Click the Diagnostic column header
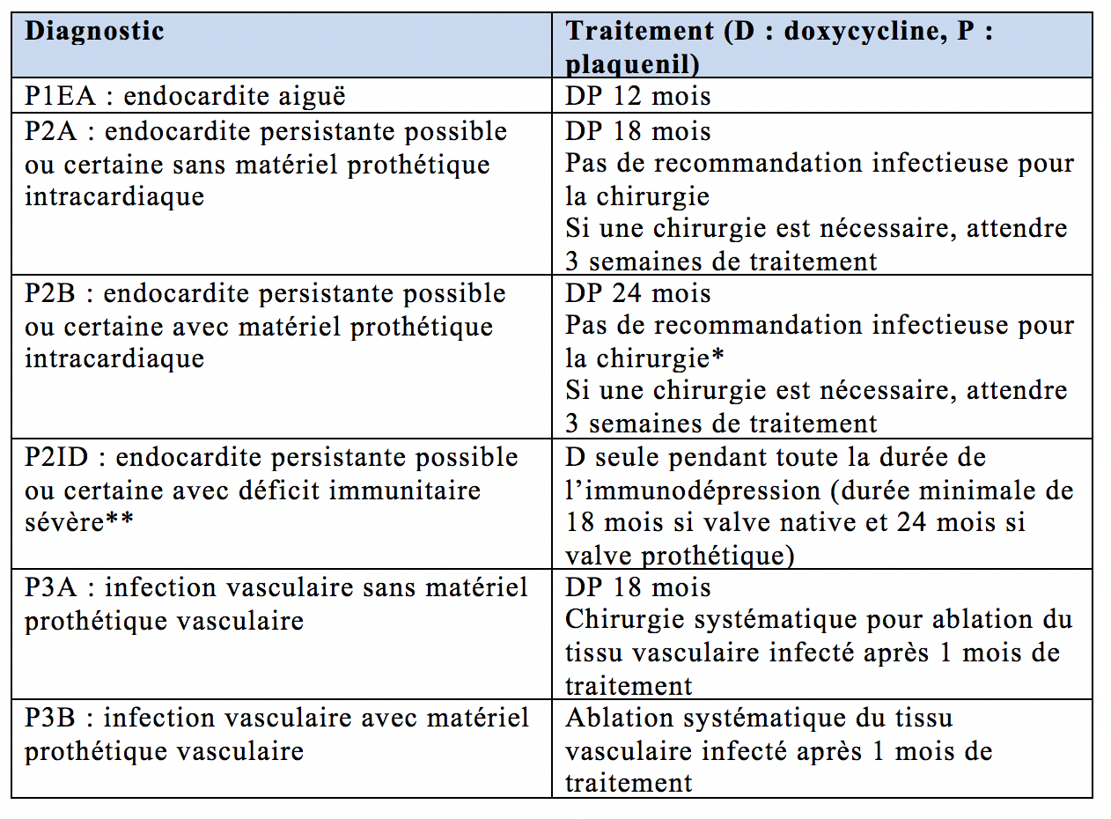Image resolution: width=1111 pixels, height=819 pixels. click(x=94, y=31)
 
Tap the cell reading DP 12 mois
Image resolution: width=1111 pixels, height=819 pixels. click(x=638, y=96)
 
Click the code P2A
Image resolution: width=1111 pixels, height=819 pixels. click(x=52, y=131)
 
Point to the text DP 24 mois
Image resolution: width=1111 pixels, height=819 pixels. click(x=638, y=293)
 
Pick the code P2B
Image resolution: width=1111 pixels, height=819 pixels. click(x=52, y=293)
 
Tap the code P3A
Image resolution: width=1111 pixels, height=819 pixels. click(x=52, y=587)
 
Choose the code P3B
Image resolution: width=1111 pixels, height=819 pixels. click(x=52, y=718)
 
